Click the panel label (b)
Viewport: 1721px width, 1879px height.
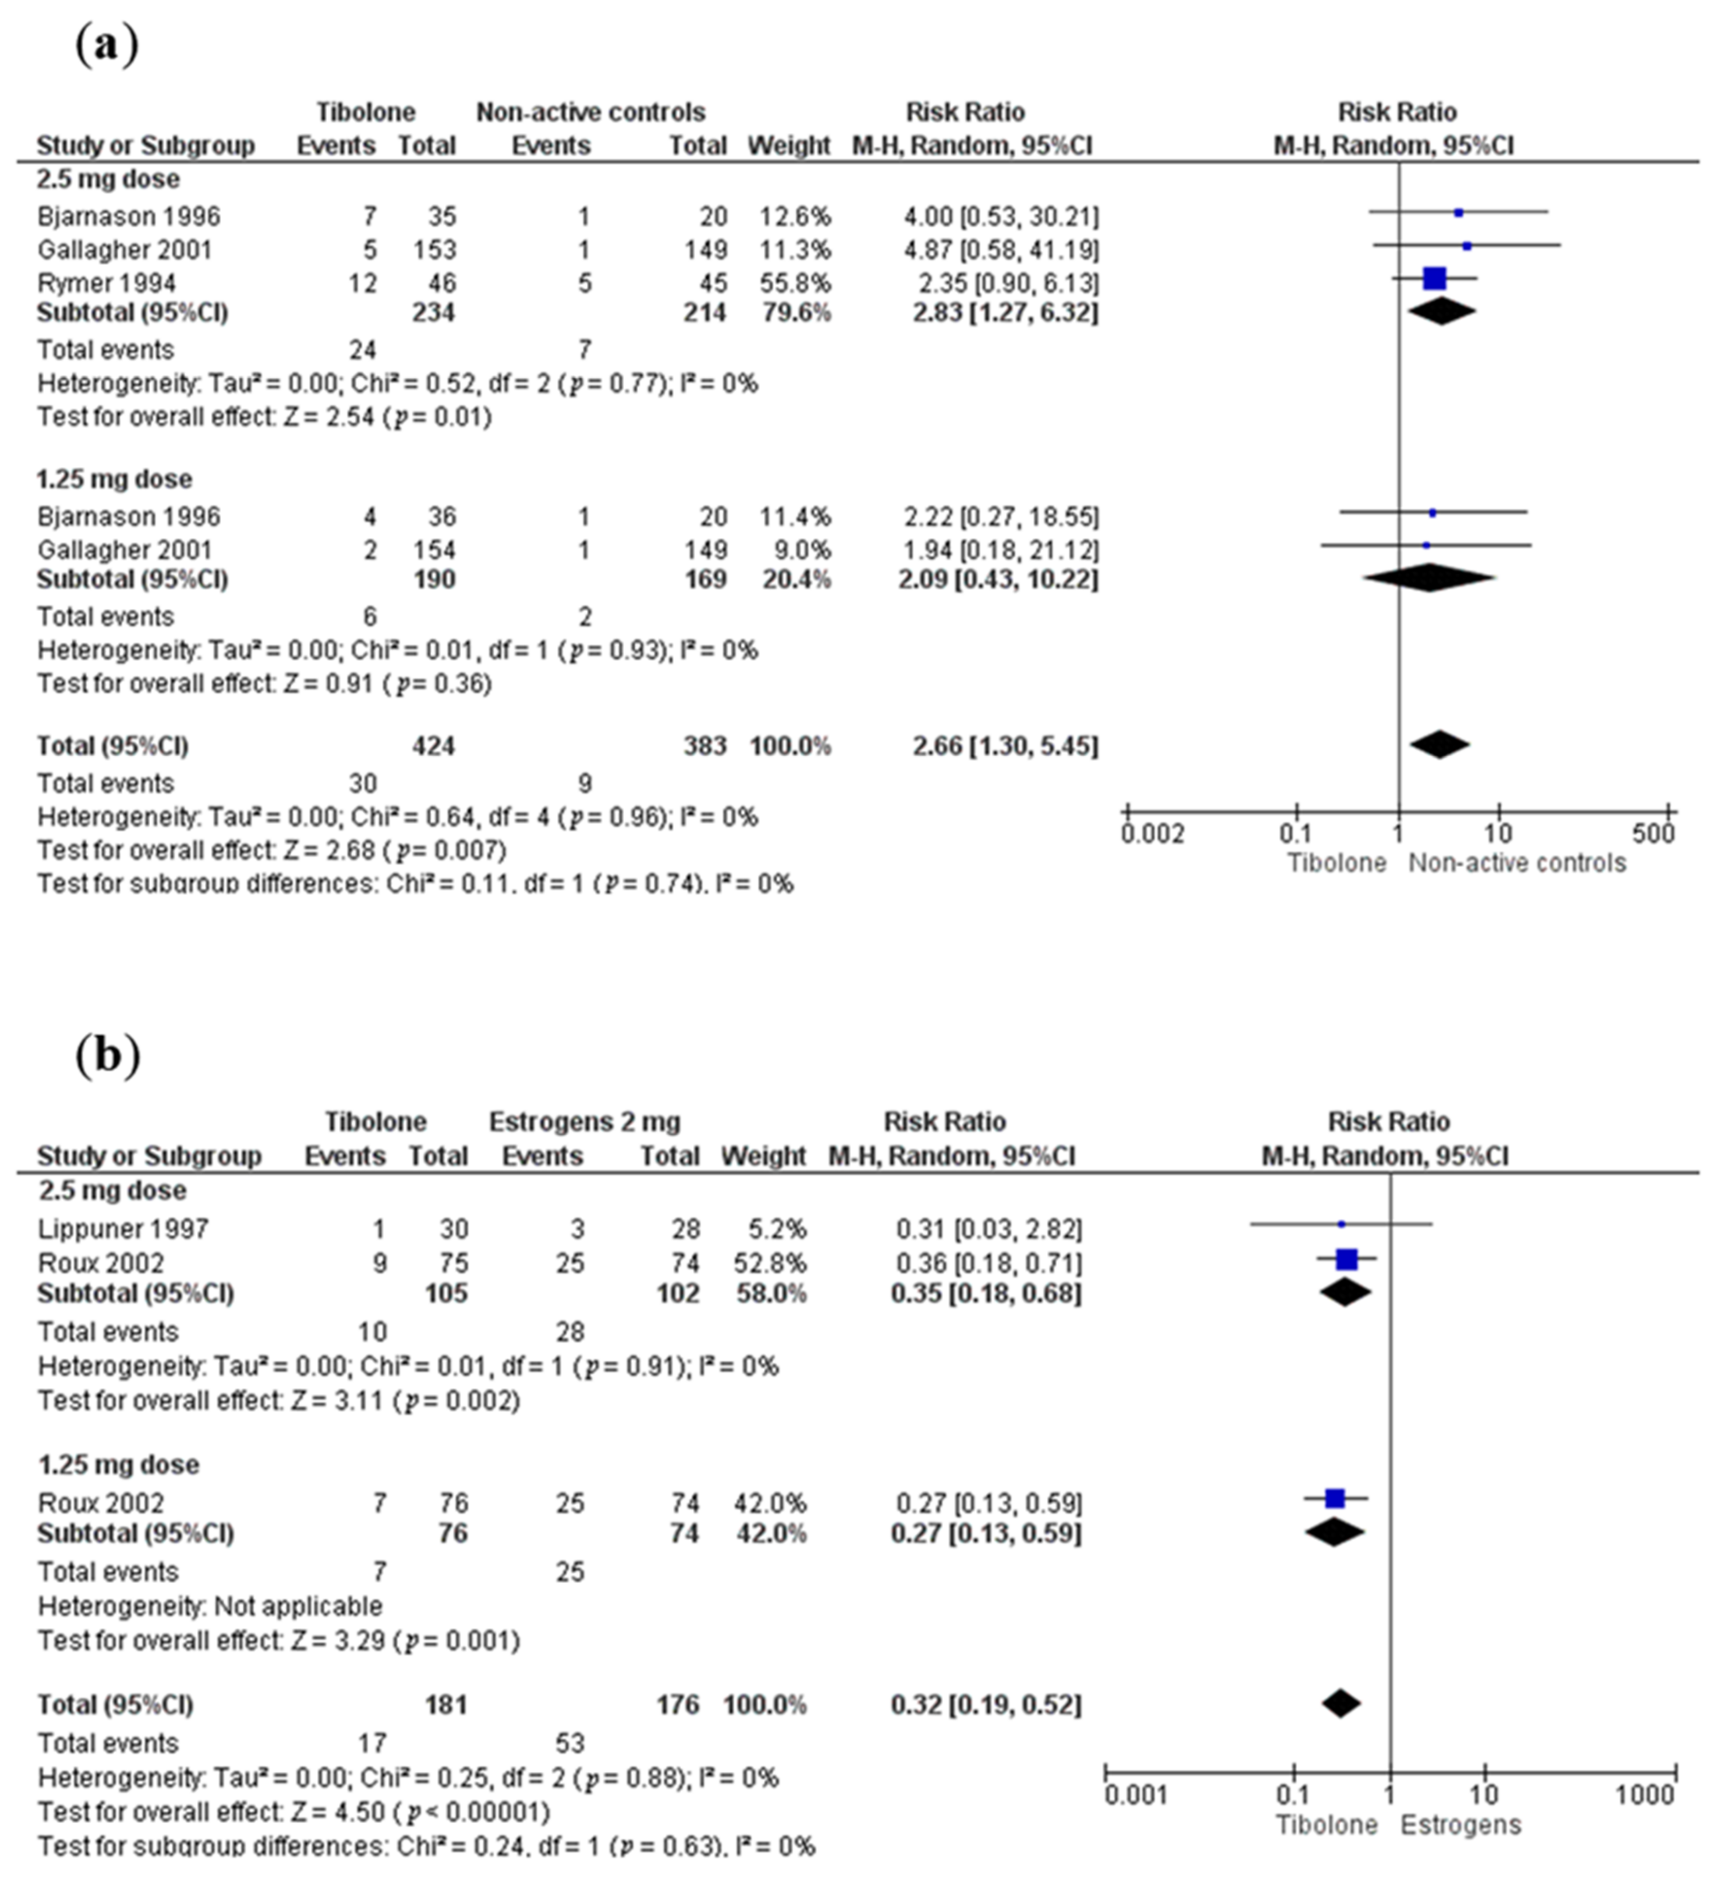click(107, 1055)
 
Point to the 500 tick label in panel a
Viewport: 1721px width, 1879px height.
click(1653, 833)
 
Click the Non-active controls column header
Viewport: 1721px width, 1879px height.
click(591, 112)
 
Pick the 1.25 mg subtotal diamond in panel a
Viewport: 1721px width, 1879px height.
click(1428, 578)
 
